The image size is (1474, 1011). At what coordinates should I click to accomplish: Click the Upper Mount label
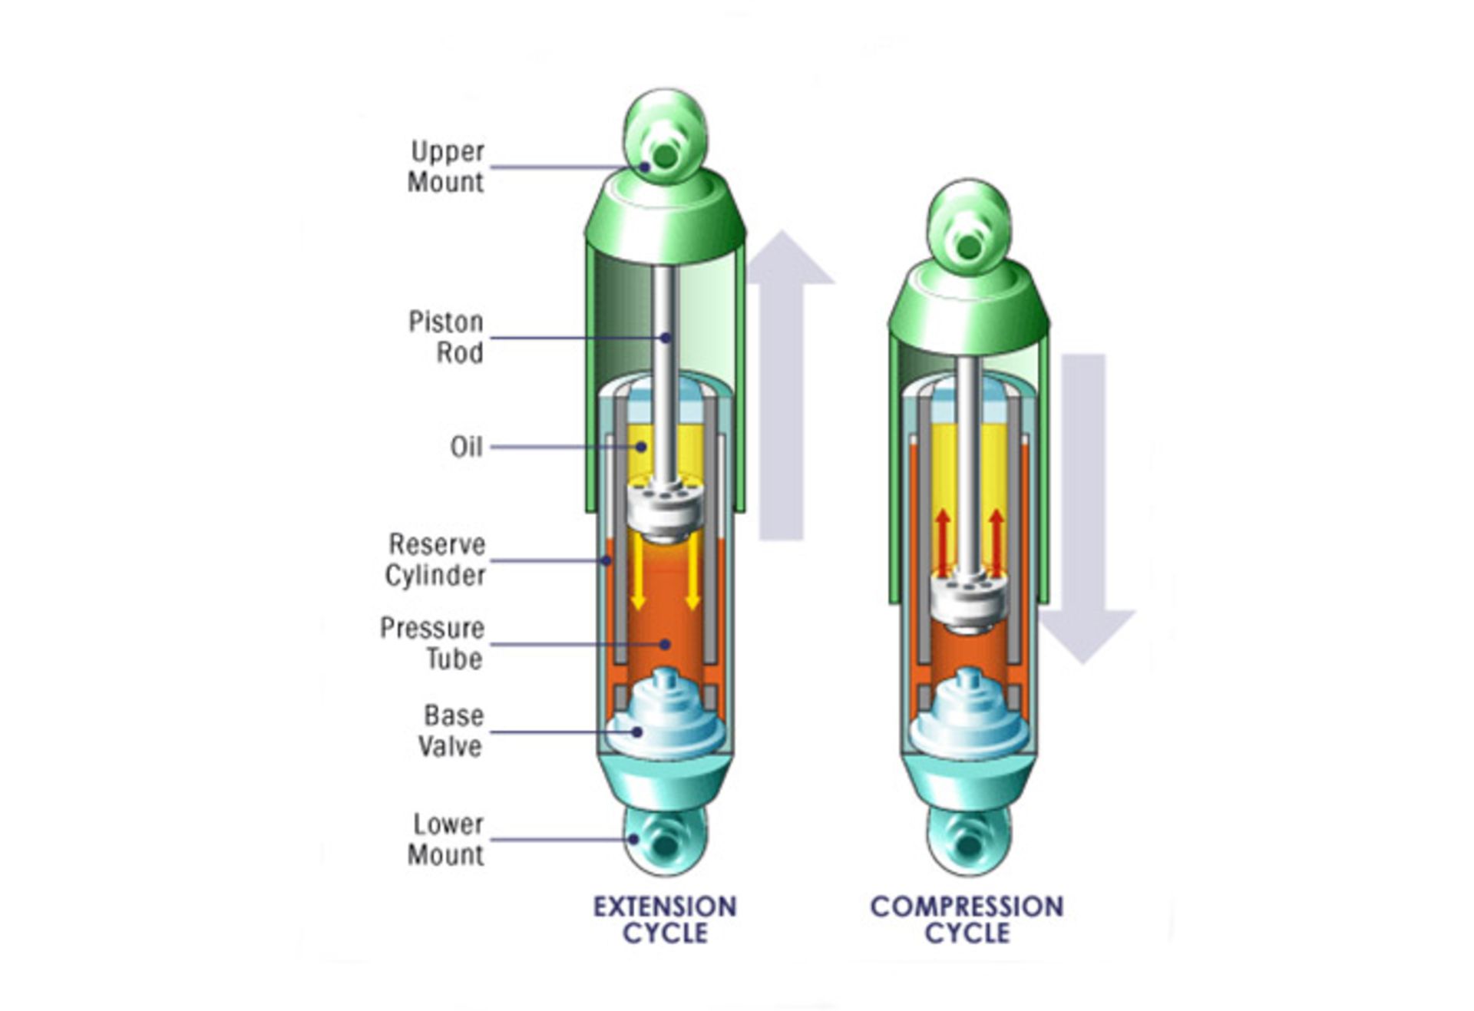coord(446,167)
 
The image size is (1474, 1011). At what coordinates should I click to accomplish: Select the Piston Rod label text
coord(446,337)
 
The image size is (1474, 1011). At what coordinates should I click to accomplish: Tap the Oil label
coord(467,447)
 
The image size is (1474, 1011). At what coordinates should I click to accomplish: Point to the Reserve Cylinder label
coord(435,560)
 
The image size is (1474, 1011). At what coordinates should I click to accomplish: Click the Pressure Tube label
coord(432,643)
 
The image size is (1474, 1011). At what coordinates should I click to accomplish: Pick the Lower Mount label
coord(446,839)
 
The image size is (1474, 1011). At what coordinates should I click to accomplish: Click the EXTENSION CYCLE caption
coord(665,920)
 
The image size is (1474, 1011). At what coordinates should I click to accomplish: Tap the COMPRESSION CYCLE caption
coord(967,920)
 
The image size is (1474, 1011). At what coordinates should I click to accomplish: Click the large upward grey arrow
coord(784,385)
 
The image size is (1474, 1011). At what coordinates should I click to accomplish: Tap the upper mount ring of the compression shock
coord(969,227)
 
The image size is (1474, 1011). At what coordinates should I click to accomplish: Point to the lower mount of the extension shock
coord(665,841)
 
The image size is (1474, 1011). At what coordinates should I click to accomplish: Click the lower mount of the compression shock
coord(968,841)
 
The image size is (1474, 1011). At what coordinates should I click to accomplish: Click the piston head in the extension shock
coord(665,508)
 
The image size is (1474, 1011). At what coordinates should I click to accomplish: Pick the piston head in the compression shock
coord(968,603)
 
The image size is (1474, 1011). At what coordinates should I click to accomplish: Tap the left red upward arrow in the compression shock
coord(943,543)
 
